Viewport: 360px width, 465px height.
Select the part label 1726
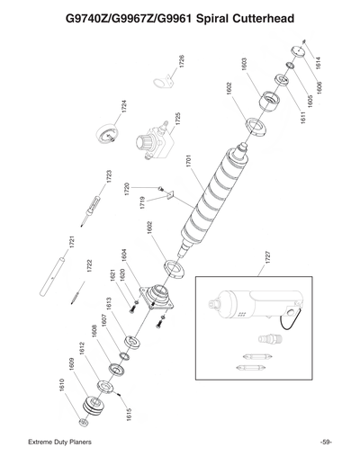(x=182, y=63)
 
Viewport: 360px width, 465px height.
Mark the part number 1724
(x=123, y=105)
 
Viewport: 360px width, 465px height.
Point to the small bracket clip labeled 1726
(x=162, y=84)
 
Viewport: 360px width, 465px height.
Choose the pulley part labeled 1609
(x=93, y=402)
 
